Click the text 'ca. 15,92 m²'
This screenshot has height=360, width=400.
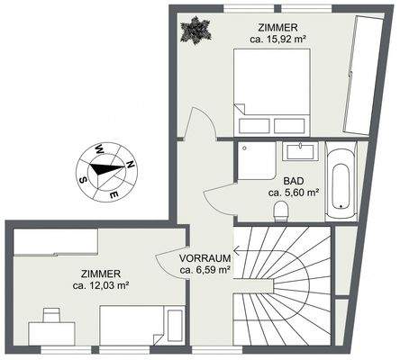[279, 39]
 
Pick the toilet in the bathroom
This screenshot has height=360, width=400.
[281, 211]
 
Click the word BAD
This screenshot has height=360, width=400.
[294, 179]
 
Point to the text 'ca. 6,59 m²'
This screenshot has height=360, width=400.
[205, 268]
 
